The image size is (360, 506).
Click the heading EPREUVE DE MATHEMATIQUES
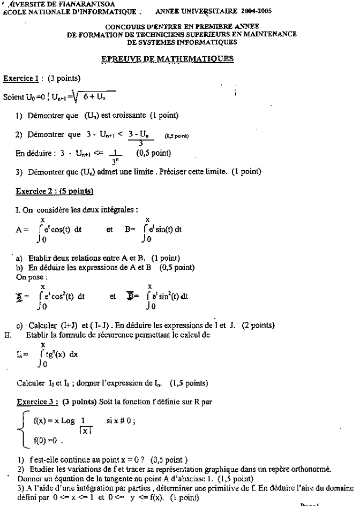click(x=167, y=59)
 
